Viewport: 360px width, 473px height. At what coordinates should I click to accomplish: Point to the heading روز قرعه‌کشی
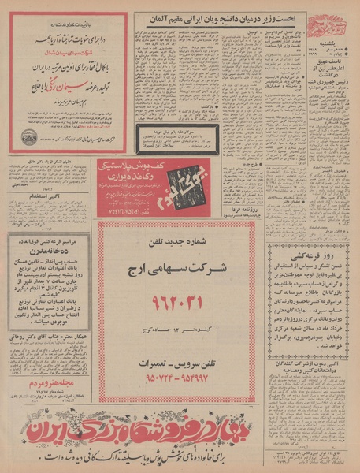(311, 255)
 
